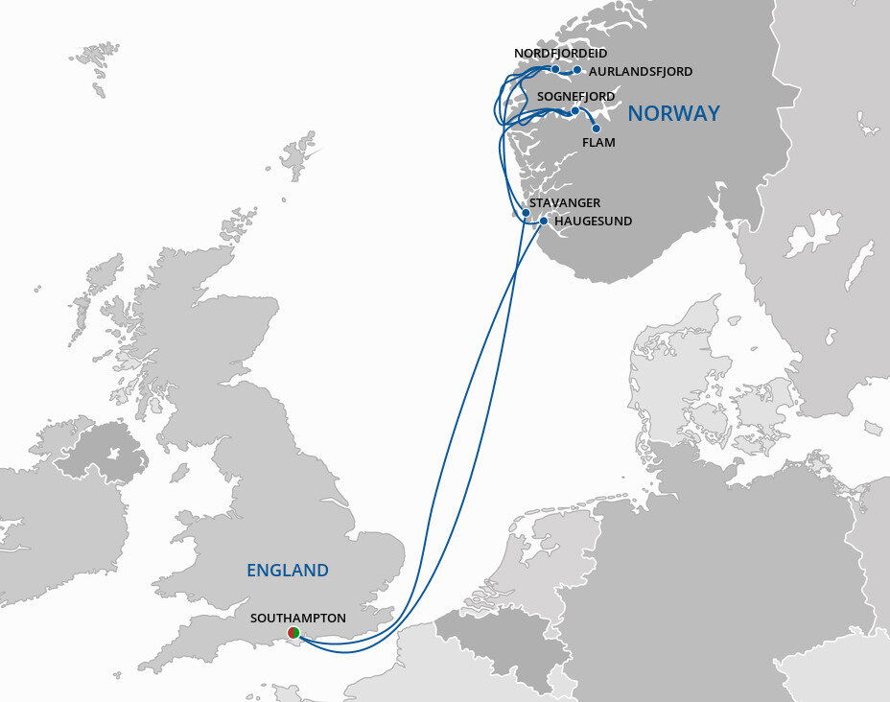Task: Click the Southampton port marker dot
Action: (294, 632)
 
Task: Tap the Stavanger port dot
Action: (526, 213)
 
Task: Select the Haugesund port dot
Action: (543, 222)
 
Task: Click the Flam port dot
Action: (596, 129)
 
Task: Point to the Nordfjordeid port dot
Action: (555, 69)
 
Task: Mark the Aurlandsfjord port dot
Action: (576, 70)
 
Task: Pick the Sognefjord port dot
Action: (574, 111)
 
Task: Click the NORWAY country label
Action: (673, 113)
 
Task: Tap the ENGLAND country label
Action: (287, 571)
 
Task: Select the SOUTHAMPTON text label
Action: (297, 618)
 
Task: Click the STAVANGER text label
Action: (565, 202)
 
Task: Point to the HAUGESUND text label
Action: (594, 221)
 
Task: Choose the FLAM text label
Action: (598, 143)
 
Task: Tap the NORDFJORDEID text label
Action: (561, 53)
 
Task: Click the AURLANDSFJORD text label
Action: (641, 71)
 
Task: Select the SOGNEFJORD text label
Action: (575, 97)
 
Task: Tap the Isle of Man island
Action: (178, 472)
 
